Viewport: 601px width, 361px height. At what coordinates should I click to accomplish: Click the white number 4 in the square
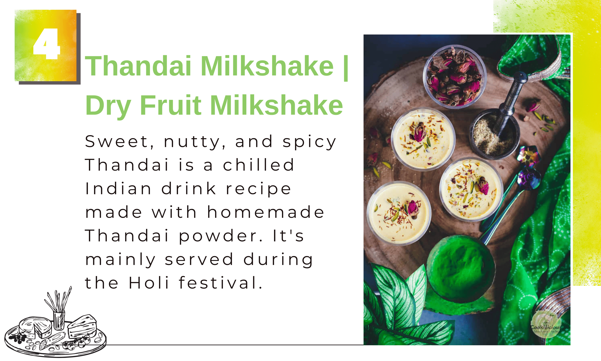[x=47, y=44]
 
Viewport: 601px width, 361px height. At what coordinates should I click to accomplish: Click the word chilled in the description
[x=258, y=165]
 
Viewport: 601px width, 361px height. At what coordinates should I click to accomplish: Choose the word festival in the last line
[x=220, y=283]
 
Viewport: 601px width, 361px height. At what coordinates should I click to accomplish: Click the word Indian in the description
[x=118, y=189]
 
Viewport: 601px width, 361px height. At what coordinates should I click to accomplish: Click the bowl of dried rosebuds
[x=455, y=76]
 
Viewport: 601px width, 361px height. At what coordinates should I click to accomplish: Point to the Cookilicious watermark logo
[x=546, y=325]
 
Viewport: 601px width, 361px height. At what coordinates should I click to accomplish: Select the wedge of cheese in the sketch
[x=82, y=326]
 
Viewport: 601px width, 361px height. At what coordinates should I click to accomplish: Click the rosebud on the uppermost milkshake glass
[x=419, y=132]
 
